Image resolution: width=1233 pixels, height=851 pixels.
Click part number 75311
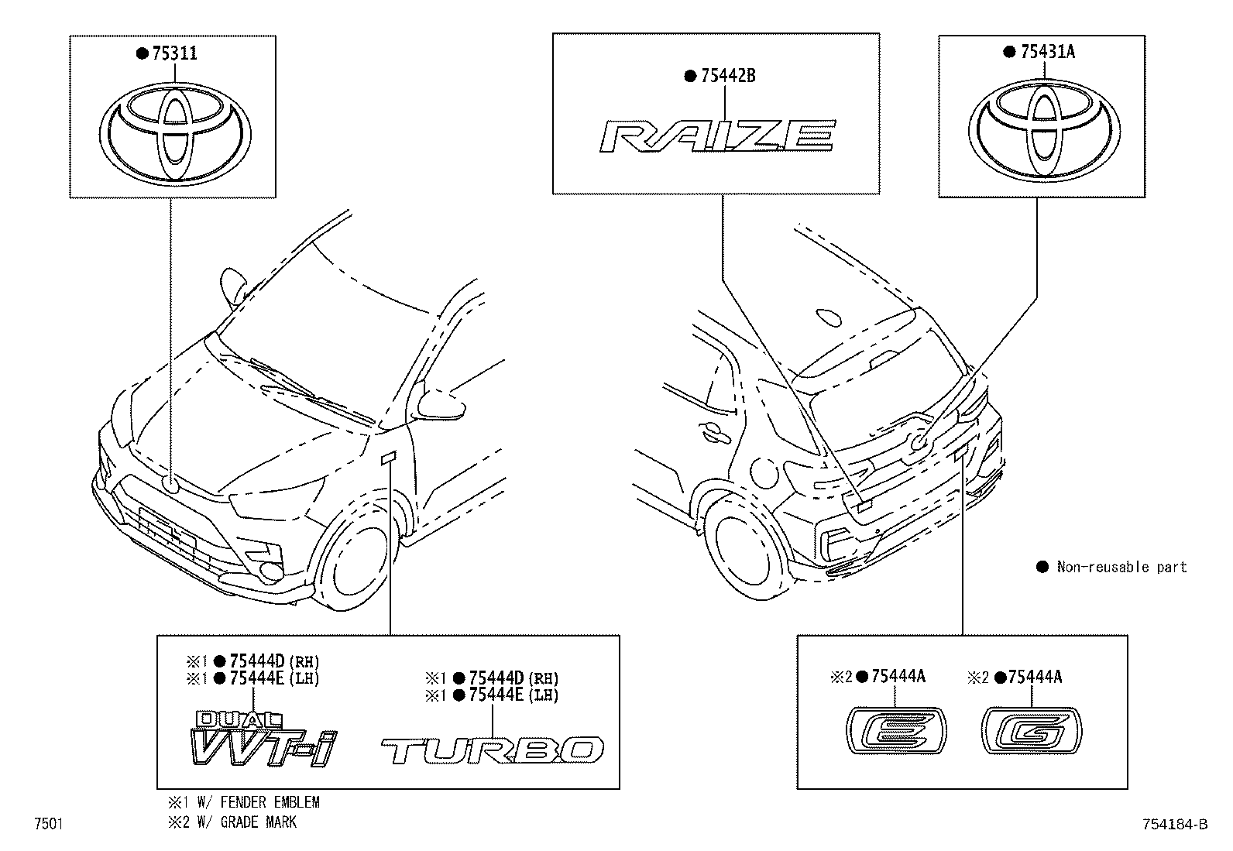tap(174, 53)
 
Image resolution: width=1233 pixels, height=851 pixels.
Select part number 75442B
tap(727, 76)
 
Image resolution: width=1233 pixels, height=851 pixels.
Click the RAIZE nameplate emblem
tap(717, 136)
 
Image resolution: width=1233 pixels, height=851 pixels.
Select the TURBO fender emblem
tap(493, 750)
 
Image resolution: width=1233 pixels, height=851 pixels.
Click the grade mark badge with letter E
tap(895, 729)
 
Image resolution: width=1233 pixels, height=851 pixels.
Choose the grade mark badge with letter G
tap(1032, 729)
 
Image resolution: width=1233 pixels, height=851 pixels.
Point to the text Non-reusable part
tap(1121, 567)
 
